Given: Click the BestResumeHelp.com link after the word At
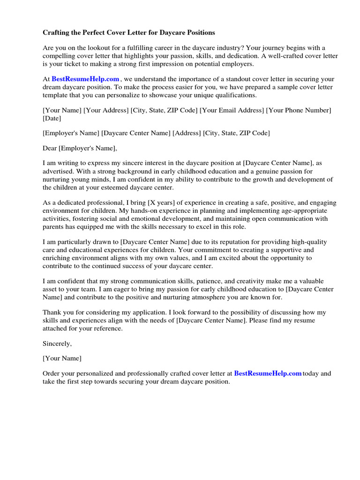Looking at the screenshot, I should coord(85,79).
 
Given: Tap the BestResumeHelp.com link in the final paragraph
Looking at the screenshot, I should coord(268,374).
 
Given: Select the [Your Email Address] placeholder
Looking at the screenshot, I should coord(232,110).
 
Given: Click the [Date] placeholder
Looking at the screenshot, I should coord(52,118).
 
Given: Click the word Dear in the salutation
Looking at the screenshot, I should coord(50,149).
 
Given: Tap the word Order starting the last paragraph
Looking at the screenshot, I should coord(52,374).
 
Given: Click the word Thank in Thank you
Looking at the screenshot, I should coord(52,312).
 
